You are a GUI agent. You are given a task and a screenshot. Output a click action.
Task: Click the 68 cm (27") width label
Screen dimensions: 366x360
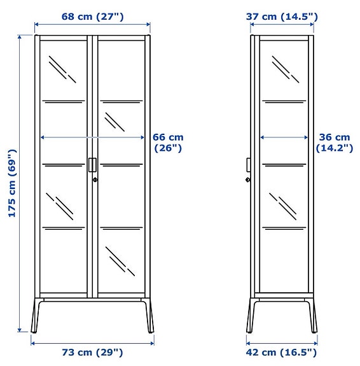tap(93, 16)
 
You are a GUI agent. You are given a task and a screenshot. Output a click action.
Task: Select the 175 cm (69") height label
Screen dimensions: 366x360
tap(11, 183)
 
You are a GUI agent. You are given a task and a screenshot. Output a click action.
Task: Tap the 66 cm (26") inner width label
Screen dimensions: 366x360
tap(168, 143)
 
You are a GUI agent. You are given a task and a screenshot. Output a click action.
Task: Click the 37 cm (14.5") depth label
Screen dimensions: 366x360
tap(282, 16)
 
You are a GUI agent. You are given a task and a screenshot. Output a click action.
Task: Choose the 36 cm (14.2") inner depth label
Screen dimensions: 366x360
tap(334, 143)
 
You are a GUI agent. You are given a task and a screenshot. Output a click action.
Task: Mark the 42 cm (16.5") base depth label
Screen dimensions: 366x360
tap(281, 353)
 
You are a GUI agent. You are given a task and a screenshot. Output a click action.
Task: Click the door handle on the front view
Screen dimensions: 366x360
tap(93, 164)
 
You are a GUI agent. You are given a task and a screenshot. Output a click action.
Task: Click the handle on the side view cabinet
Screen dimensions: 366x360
tap(249, 165)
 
